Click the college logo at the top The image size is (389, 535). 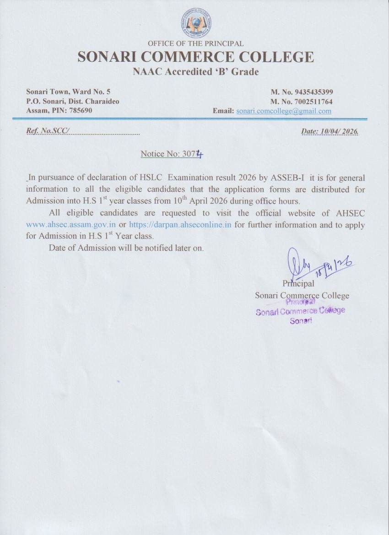(196, 22)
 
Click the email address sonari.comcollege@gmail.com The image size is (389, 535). (284, 111)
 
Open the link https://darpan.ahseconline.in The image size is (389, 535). (180, 225)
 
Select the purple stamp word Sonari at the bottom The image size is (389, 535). (301, 321)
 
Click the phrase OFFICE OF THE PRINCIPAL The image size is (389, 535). (195, 43)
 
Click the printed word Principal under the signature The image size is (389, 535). (298, 284)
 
